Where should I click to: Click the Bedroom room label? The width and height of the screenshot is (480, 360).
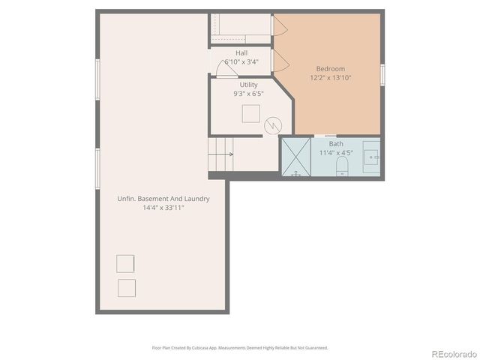[331, 68]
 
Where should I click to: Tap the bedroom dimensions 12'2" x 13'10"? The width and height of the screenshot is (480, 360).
[331, 77]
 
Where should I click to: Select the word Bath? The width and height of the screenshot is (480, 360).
[336, 143]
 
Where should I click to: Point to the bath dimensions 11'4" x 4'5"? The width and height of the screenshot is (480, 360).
[336, 152]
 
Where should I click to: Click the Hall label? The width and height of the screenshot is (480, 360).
[241, 53]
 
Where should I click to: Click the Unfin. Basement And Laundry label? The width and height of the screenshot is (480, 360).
[163, 199]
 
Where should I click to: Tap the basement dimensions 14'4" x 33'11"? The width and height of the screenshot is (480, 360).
[163, 208]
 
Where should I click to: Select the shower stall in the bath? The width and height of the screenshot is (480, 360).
[296, 157]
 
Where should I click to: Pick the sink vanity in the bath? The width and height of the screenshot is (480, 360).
[372, 156]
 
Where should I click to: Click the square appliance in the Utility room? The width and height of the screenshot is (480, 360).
[250, 113]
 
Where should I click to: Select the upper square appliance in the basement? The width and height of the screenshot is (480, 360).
[125, 263]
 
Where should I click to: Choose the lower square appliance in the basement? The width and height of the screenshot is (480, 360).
[126, 288]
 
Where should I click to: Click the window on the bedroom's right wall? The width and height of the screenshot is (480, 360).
[382, 74]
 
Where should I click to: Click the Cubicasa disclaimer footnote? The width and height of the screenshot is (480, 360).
[240, 348]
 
